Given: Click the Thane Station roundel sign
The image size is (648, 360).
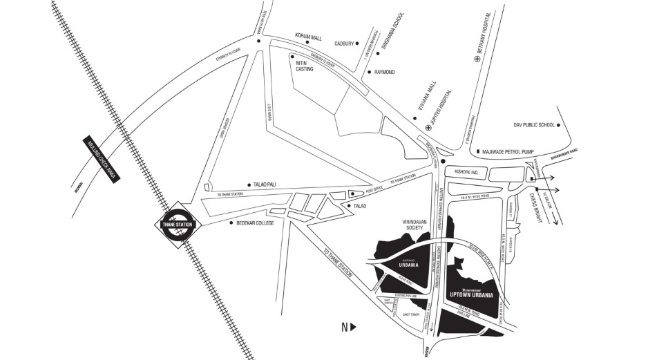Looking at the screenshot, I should tap(177, 224).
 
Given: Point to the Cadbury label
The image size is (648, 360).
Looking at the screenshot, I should tap(343, 44).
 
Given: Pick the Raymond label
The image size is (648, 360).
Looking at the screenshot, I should tap(384, 72).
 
